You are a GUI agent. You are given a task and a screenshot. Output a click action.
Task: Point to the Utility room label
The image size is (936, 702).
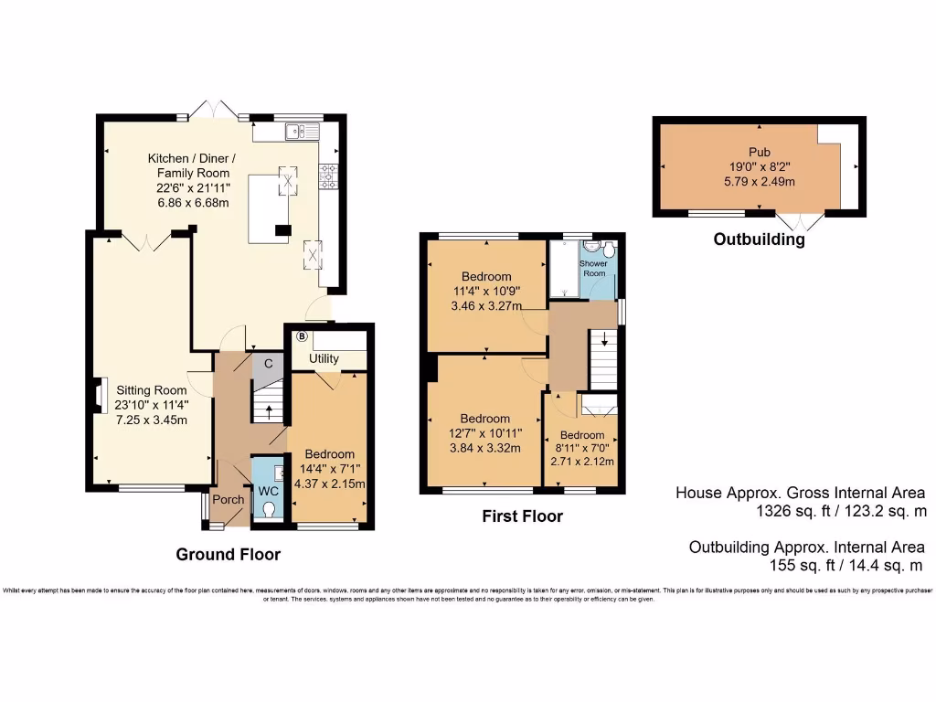pyautogui.click(x=324, y=359)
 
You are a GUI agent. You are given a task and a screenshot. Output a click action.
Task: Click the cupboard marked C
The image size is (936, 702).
pyautogui.click(x=268, y=363)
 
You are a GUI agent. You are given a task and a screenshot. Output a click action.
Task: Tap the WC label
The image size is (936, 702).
pyautogui.click(x=268, y=491)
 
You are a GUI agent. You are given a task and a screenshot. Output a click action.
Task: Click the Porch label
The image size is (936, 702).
pyautogui.click(x=228, y=500)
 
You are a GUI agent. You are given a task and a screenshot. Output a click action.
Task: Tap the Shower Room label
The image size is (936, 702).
pyautogui.click(x=594, y=268)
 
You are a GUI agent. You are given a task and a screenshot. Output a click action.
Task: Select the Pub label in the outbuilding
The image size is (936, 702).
pyautogui.click(x=758, y=153)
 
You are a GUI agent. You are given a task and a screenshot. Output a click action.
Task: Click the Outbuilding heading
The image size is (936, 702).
pyautogui.click(x=759, y=240)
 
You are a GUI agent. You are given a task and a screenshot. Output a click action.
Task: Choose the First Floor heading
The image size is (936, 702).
pyautogui.click(x=522, y=516)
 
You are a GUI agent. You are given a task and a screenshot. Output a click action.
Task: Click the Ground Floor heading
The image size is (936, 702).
pyautogui.click(x=228, y=554)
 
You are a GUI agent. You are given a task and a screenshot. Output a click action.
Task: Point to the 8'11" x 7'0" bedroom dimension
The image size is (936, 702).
pyautogui.click(x=581, y=448)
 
